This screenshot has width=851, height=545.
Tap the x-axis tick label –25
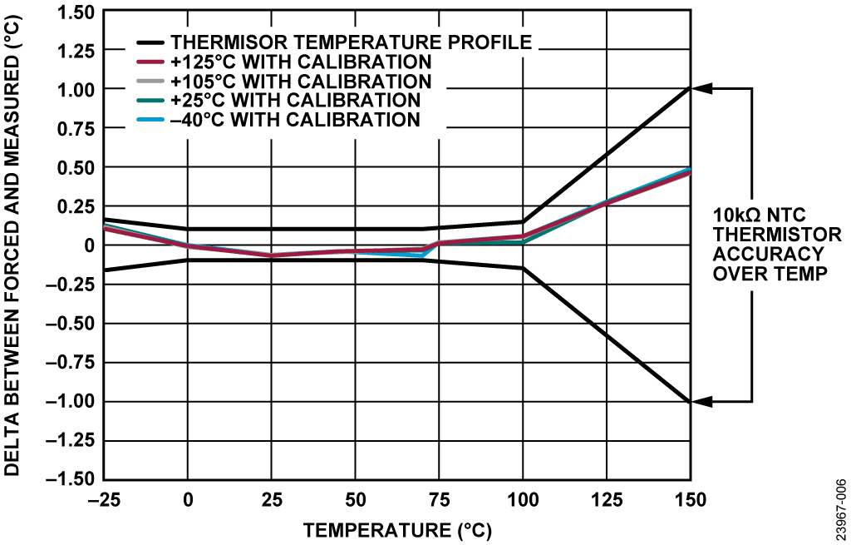103,500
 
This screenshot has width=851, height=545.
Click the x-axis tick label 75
439,500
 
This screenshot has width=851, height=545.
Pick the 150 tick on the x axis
690,500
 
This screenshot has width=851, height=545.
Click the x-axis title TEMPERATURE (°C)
396,529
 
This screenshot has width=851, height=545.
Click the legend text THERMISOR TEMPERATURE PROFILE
351,42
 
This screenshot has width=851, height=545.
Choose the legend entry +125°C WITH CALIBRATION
301,62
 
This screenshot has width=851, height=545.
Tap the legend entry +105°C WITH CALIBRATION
301,82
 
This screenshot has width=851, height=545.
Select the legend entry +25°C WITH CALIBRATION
294,101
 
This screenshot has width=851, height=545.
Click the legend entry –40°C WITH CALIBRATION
294,120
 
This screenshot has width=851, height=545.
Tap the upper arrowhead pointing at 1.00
702,88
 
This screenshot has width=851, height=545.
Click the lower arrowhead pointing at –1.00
702,402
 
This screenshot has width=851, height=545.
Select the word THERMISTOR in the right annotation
768,235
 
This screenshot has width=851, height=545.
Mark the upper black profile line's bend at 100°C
523,222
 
